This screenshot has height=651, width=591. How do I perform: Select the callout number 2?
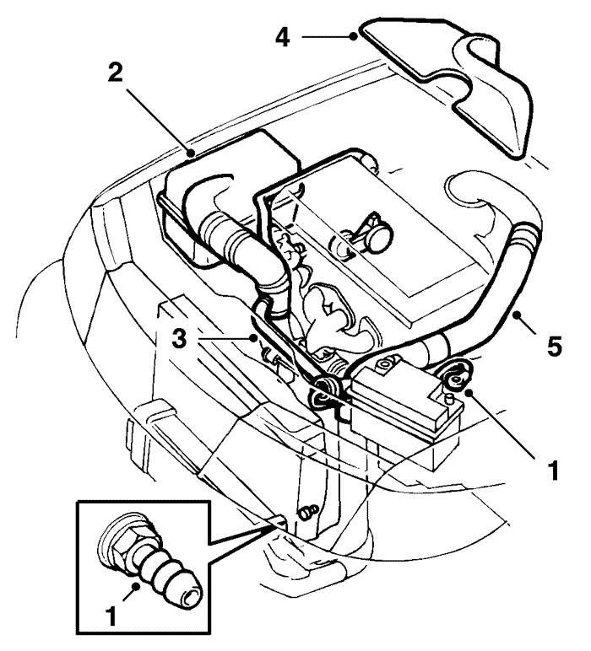pyautogui.click(x=117, y=72)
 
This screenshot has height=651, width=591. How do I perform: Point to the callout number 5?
pyautogui.click(x=553, y=347)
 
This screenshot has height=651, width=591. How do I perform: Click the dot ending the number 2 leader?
pyautogui.click(x=193, y=153)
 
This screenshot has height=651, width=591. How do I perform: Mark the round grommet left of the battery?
pyautogui.click(x=325, y=389)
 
